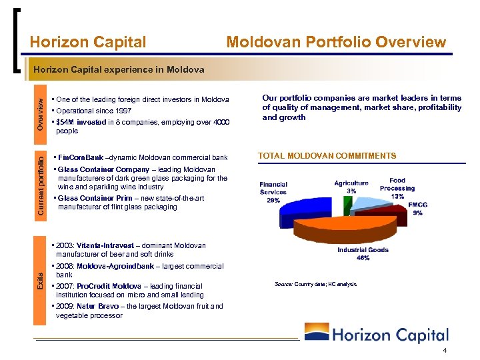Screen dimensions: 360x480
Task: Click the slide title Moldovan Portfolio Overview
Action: coord(336,43)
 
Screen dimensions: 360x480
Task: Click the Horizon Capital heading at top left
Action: coord(88,43)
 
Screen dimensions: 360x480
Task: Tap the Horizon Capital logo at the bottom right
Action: coord(377,334)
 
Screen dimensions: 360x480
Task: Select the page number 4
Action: coord(444,351)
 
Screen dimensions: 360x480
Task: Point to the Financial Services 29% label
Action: coord(273,192)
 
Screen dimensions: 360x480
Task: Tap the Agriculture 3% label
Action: coord(351,187)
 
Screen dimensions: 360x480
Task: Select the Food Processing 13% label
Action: coord(397,188)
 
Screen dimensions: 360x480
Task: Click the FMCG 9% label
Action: coord(418,209)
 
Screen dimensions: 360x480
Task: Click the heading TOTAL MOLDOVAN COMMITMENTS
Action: coord(327,156)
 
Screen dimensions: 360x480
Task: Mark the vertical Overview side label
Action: coord(41,114)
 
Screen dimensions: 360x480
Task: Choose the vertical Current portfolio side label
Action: coord(41,184)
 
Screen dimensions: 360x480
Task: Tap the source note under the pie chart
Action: coord(315,284)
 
